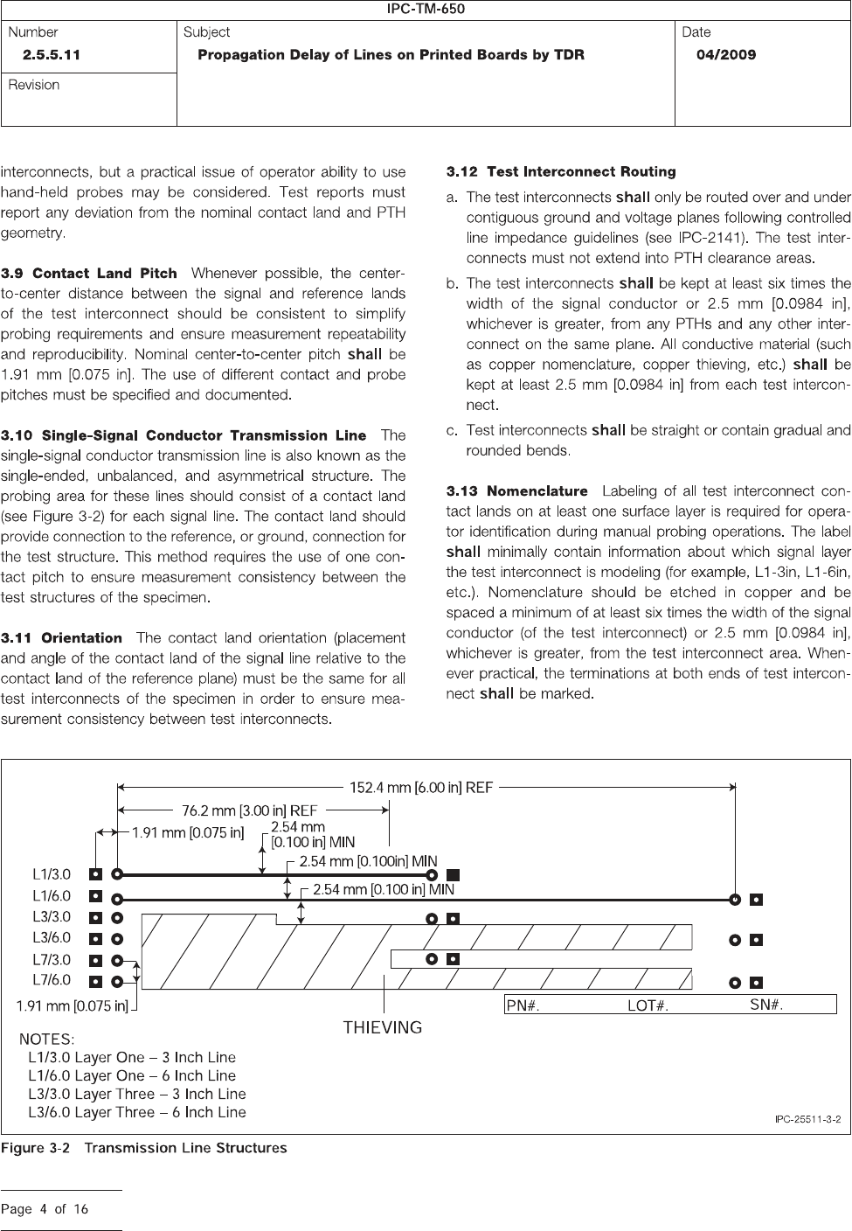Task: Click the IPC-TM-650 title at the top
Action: tap(426, 10)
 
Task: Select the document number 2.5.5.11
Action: tap(52, 55)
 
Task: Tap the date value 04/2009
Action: tap(725, 55)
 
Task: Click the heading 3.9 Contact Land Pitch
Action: tap(89, 274)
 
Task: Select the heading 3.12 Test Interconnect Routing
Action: tap(561, 171)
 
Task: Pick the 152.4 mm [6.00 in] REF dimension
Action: tap(422, 787)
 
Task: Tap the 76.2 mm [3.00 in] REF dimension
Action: tap(249, 810)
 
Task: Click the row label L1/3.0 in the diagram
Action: tap(52, 874)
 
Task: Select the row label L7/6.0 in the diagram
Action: tap(52, 980)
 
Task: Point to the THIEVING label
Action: tap(382, 1027)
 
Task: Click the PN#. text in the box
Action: tap(523, 1006)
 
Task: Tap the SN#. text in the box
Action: tap(766, 1005)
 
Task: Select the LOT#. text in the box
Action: tap(648, 1006)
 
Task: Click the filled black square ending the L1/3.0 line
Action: tap(453, 874)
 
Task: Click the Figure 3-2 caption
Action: tap(144, 1148)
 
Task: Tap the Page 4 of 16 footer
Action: tap(45, 1210)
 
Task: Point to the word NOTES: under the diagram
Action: tap(47, 1039)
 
